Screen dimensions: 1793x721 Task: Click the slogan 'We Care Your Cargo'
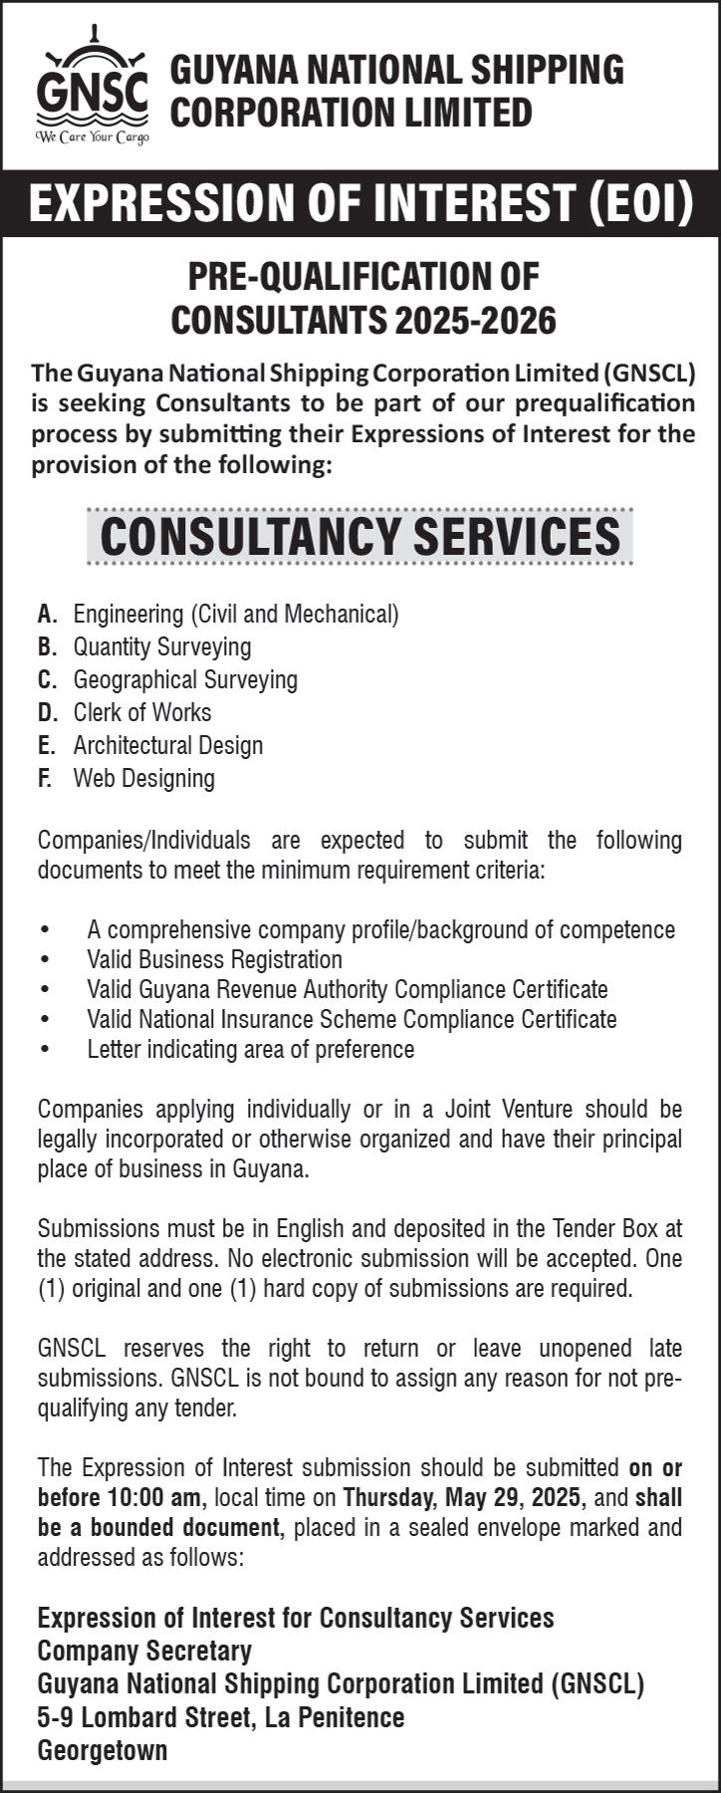pyautogui.click(x=92, y=136)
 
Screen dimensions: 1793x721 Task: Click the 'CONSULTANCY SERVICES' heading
pyautogui.click(x=360, y=536)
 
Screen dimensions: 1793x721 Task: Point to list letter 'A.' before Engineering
pyautogui.click(x=47, y=614)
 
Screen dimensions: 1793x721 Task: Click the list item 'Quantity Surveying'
pyautogui.click(x=162, y=646)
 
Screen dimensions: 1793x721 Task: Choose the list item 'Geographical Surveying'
pyautogui.click(x=185, y=679)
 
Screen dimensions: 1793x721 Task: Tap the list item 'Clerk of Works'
pyautogui.click(x=142, y=712)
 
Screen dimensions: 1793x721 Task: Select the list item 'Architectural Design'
pyautogui.click(x=168, y=745)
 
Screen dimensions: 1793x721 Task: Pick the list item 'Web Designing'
pyautogui.click(x=144, y=778)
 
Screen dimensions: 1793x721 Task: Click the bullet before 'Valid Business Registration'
pyautogui.click(x=45, y=960)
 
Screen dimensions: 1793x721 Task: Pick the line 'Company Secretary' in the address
pyautogui.click(x=144, y=1651)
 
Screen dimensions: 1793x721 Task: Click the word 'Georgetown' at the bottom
pyautogui.click(x=103, y=1750)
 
